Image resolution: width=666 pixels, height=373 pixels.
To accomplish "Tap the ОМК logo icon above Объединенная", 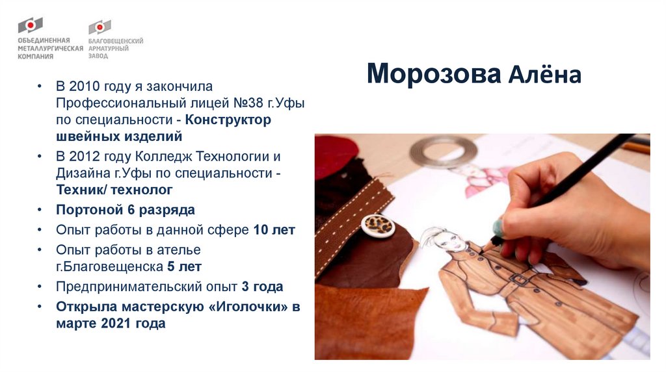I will [30, 27].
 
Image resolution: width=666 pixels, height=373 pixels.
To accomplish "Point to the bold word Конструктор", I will [228, 120].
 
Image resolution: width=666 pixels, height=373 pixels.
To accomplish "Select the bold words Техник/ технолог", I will [114, 190].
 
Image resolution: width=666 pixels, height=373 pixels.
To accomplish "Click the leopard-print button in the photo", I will [379, 225].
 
